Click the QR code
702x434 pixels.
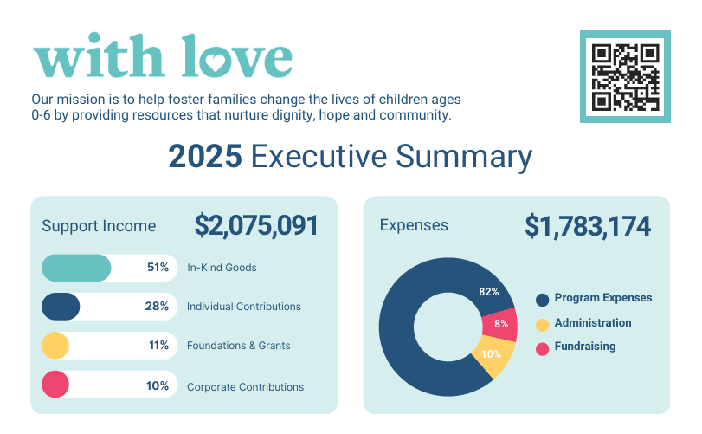click(625, 76)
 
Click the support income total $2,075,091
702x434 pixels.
click(256, 226)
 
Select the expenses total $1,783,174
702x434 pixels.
click(588, 226)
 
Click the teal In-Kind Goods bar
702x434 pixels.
click(76, 268)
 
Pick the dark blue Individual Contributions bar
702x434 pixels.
click(61, 307)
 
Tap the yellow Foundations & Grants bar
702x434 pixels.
click(55, 346)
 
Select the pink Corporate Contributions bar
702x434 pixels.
click(55, 385)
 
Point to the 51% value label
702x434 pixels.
click(158, 268)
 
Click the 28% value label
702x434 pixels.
click(157, 307)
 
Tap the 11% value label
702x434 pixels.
click(158, 346)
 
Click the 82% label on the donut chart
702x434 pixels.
click(489, 292)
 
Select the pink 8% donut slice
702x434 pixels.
click(500, 324)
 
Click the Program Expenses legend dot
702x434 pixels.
click(543, 300)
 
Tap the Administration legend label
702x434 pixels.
click(593, 323)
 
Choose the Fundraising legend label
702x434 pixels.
click(585, 347)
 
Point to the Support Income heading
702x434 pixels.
click(100, 226)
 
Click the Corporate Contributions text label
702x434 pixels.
click(245, 387)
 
